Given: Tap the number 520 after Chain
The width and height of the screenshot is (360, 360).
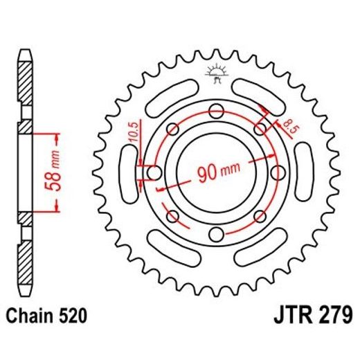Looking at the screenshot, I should tap(73, 317).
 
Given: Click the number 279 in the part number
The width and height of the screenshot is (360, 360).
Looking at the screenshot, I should tap(328, 317).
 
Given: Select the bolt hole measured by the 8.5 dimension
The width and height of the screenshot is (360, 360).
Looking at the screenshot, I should tap(261, 127).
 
